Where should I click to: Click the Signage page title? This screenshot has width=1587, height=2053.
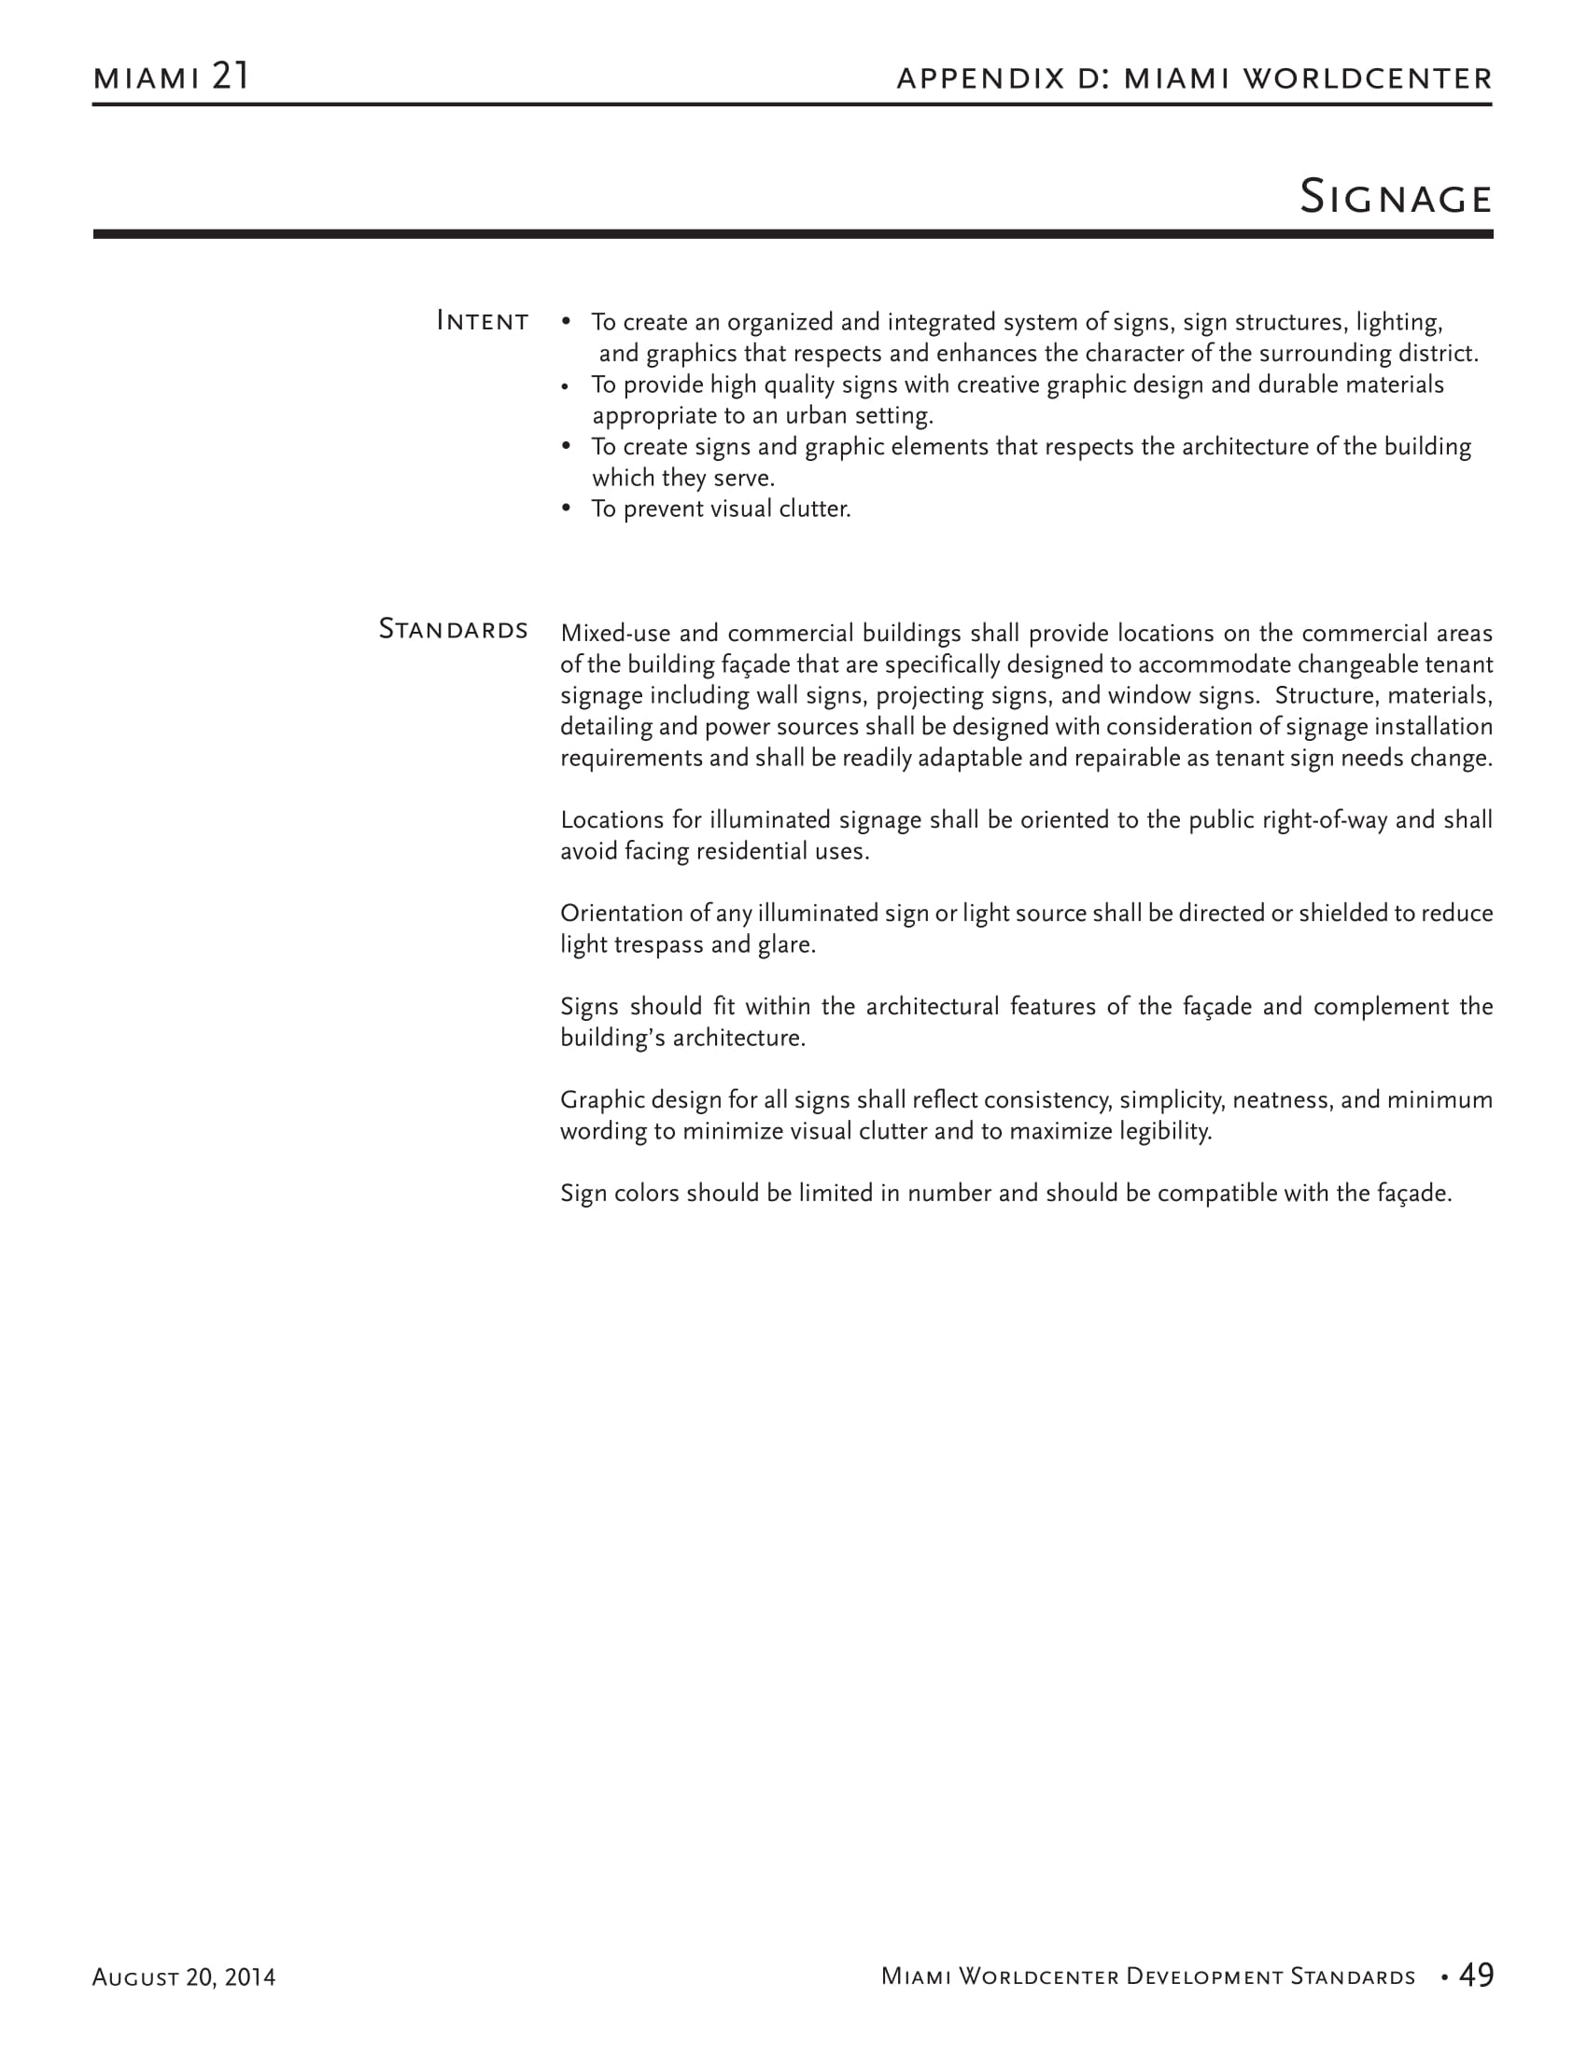[1396, 198]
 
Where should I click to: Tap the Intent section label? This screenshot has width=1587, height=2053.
[483, 322]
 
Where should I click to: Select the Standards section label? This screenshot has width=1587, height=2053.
[453, 629]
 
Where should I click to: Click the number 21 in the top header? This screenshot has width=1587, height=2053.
[231, 77]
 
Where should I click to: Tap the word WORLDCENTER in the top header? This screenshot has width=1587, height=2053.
[1367, 78]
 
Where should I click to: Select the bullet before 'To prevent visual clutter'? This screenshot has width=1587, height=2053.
[566, 509]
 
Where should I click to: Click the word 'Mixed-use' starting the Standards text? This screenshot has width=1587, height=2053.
[615, 634]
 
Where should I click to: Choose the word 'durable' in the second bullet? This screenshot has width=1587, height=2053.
[1297, 384]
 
